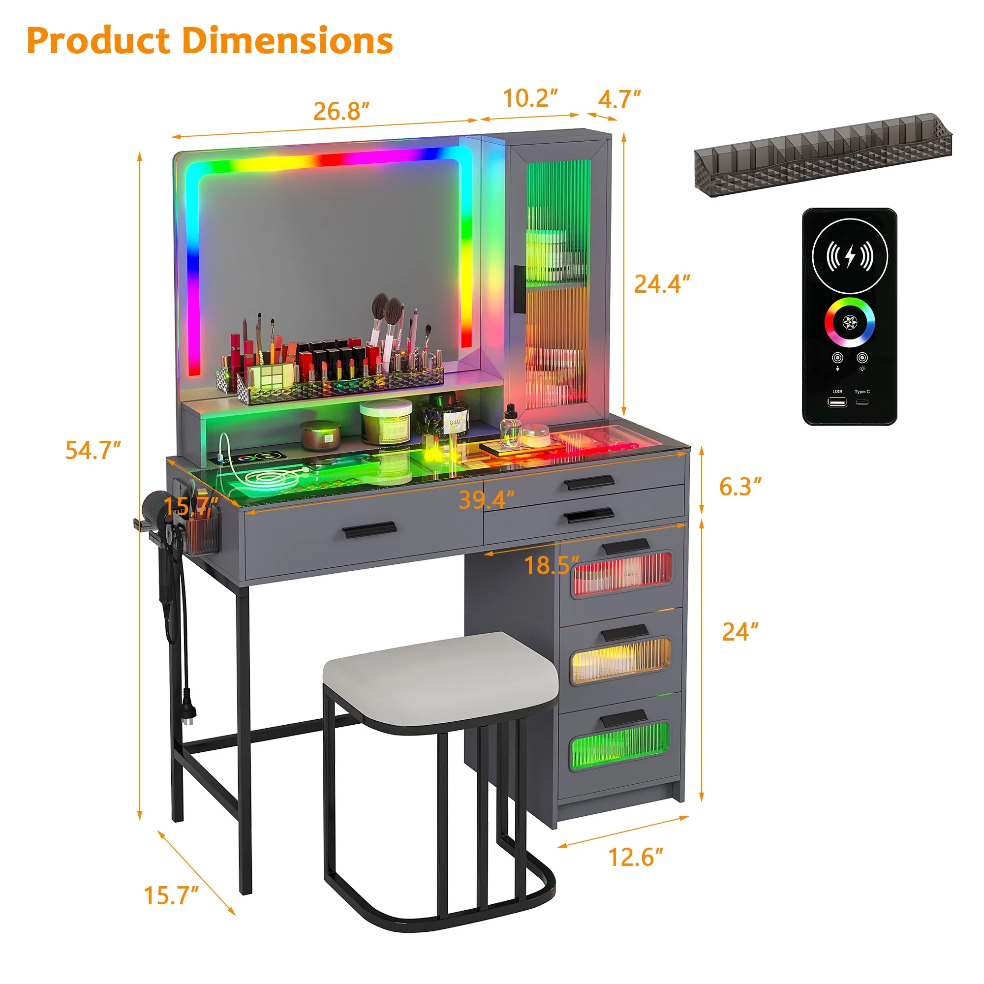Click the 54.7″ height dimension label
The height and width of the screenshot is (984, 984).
(x=93, y=450)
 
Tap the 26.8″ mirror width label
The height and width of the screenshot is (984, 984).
(x=341, y=111)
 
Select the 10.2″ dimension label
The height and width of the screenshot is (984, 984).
(x=530, y=98)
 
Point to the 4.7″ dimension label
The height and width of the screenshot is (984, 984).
(x=619, y=99)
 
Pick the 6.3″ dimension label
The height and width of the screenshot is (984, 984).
(x=740, y=487)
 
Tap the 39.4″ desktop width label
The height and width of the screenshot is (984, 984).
(x=487, y=500)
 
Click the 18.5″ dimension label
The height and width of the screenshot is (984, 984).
(x=552, y=565)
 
